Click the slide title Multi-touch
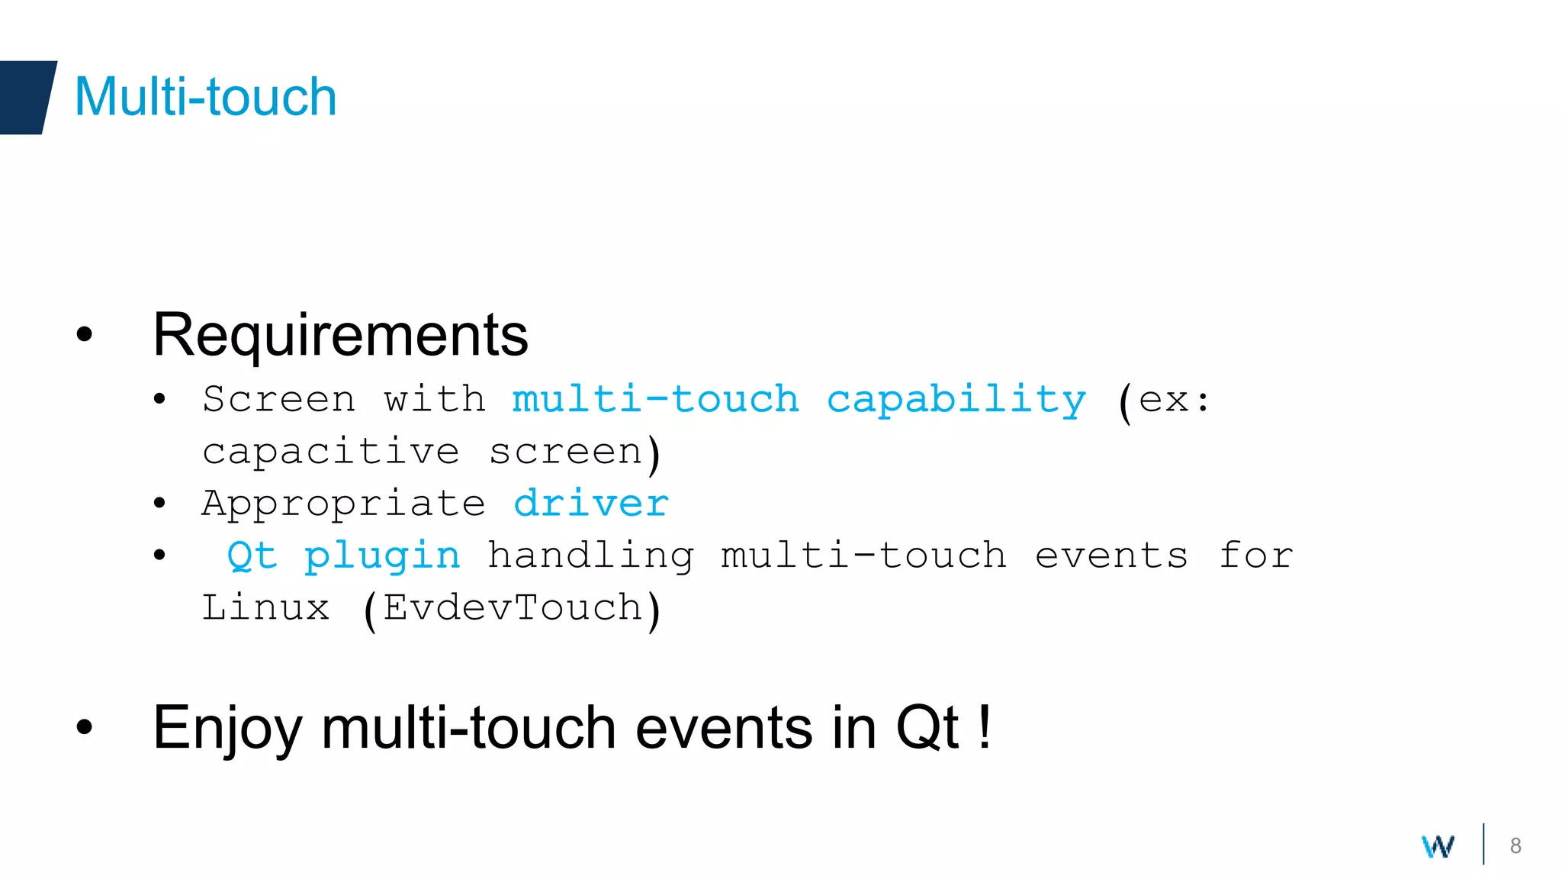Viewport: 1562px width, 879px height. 205,97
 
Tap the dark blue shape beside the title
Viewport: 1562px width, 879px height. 27,97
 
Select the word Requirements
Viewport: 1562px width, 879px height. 340,335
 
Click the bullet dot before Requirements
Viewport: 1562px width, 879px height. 84,334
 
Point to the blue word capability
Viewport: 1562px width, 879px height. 956,400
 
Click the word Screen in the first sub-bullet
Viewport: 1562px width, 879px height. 278,400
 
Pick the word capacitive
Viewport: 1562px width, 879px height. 330,452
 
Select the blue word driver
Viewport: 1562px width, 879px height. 591,504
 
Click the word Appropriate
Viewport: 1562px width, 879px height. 343,504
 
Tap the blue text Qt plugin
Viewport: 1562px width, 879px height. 343,555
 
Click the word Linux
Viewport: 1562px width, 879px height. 265,608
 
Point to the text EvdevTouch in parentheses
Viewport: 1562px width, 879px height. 513,608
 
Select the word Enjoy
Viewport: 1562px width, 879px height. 227,729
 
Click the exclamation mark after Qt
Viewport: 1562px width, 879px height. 985,727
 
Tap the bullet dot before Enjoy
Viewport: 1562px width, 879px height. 84,727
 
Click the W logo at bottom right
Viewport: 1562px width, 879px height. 1438,845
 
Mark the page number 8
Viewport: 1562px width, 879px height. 1515,845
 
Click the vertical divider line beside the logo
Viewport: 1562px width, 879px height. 1483,844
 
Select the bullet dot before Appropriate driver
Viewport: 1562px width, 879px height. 159,503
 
